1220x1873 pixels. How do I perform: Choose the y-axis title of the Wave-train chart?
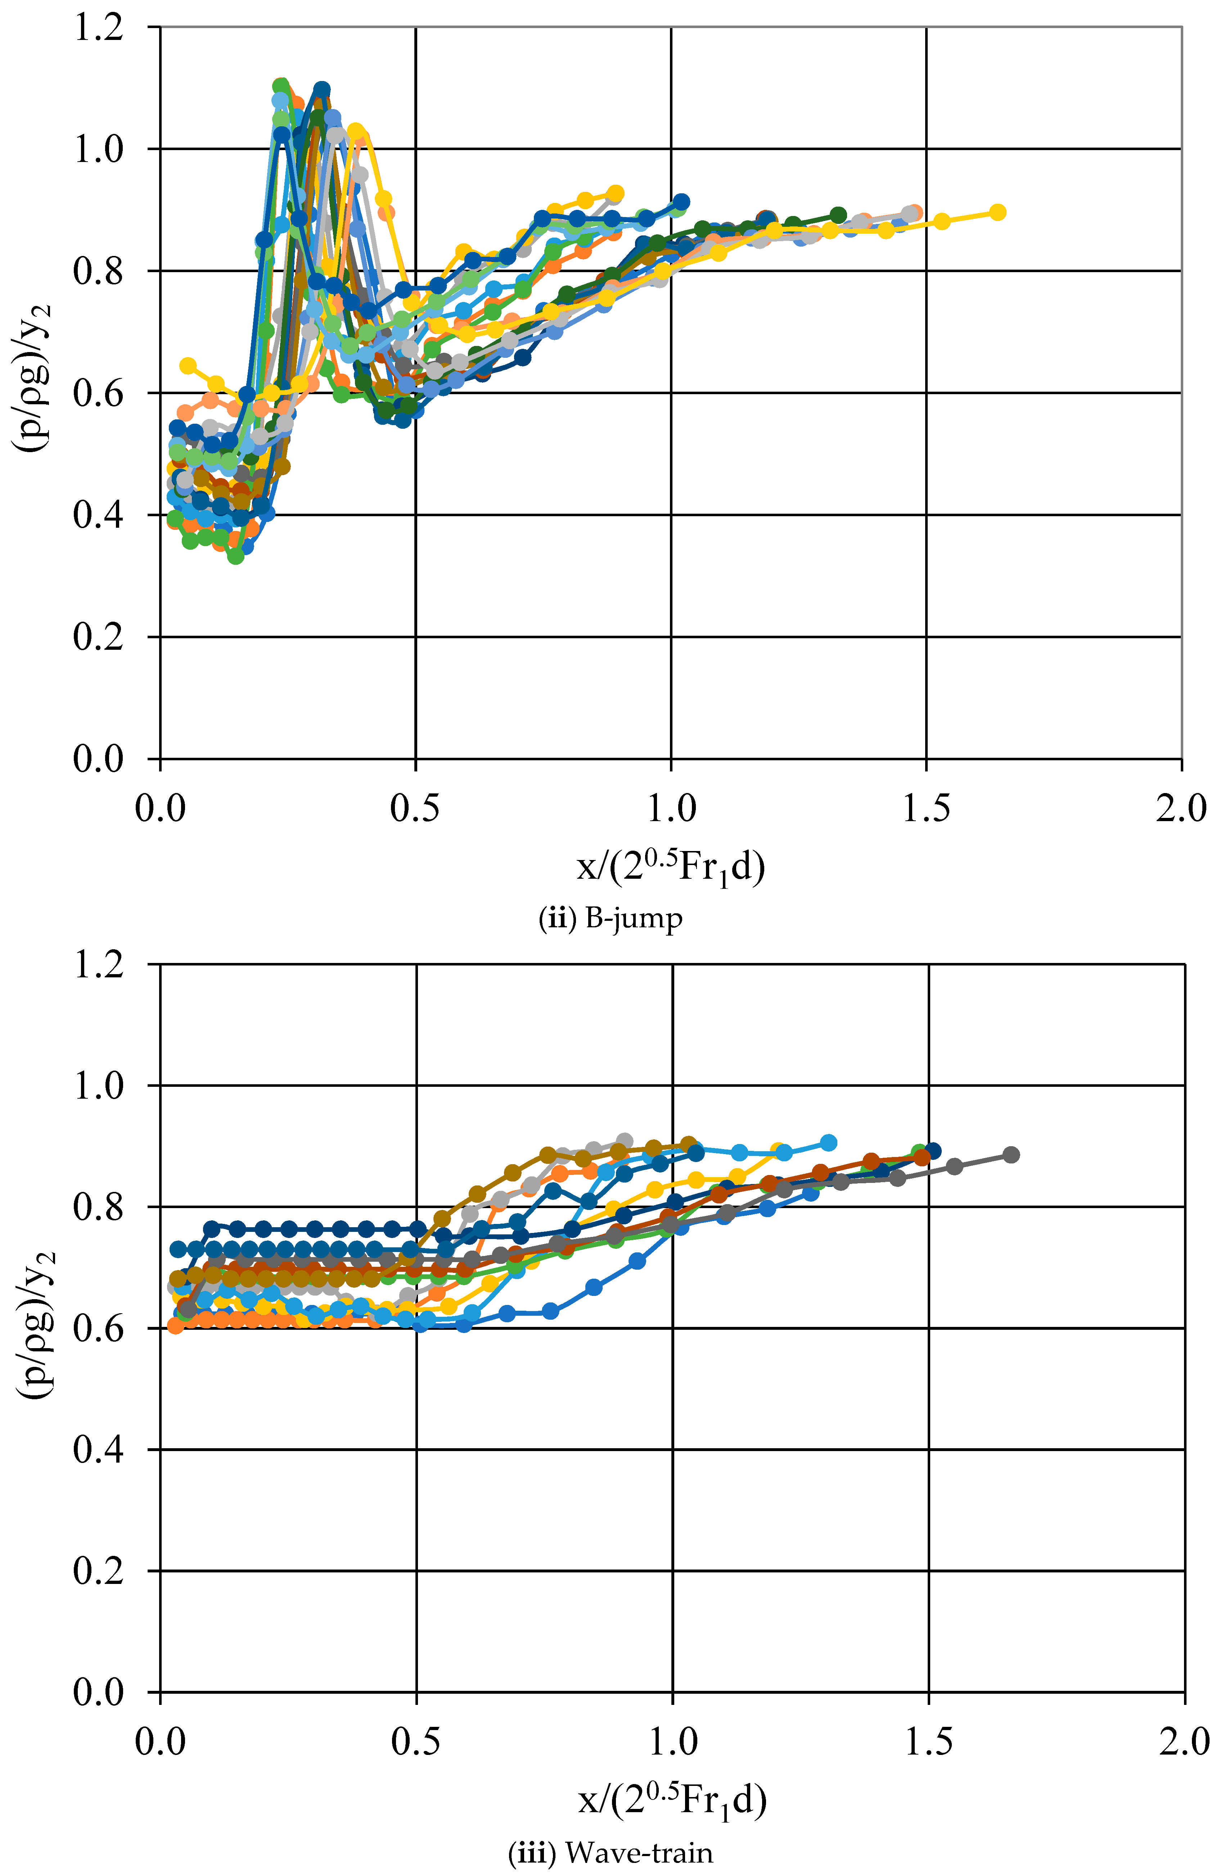click(33, 1330)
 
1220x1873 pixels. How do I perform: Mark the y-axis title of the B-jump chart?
click(33, 393)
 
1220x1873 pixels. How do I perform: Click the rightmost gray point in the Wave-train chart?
click(1012, 1154)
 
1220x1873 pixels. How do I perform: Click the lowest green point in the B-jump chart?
click(235, 555)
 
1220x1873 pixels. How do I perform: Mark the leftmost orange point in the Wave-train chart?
click(176, 1326)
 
